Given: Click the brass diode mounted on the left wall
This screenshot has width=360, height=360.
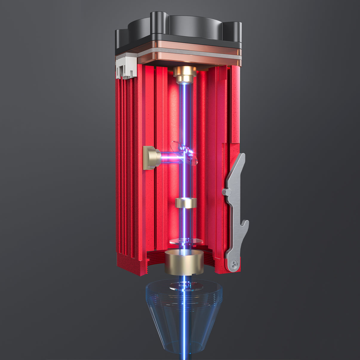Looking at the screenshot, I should point(151,158).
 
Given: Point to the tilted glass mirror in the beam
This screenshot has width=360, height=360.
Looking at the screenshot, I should point(184,152).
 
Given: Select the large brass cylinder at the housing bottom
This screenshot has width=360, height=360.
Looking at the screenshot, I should point(184,262).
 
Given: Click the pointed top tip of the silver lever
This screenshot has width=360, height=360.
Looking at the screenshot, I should point(243,156).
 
